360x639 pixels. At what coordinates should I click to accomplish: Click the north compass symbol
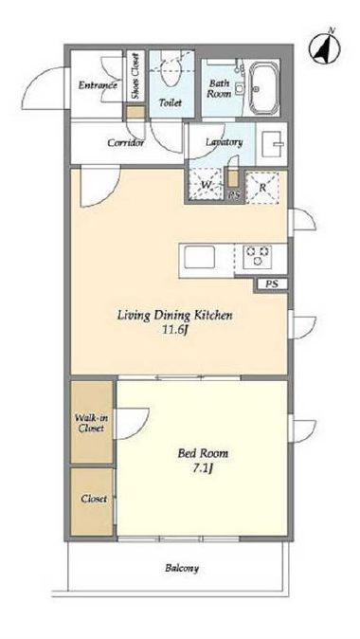point(324,48)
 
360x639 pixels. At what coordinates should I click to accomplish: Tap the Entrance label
point(98,85)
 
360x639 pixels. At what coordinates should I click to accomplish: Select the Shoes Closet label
point(135,78)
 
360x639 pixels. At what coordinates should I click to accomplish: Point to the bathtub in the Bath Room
point(264,88)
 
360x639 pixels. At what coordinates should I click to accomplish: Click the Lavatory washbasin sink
point(274,143)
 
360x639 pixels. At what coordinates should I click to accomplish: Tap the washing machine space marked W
point(206,184)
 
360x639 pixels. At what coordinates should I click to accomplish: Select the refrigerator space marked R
point(262,189)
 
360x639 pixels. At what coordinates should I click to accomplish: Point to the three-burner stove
point(258,257)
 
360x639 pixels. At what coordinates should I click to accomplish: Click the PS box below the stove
point(272,284)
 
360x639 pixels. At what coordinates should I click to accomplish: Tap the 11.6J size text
point(174,330)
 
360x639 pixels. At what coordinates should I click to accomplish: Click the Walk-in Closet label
point(92,423)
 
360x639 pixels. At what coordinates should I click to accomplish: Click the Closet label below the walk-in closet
point(94,499)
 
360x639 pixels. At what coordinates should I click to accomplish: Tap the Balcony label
point(182,568)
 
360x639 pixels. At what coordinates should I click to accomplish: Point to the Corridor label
point(125,143)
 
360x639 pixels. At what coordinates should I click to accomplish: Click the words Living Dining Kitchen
point(175,315)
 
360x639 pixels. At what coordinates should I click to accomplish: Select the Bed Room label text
point(203,453)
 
